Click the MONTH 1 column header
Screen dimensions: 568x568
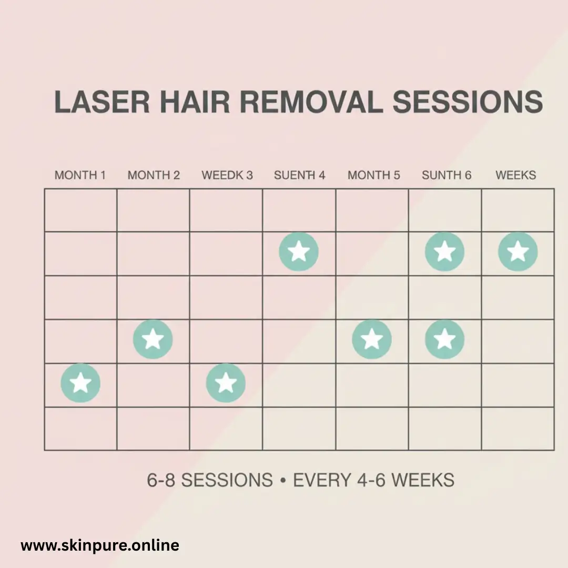click(x=80, y=175)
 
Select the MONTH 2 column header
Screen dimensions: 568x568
click(x=154, y=175)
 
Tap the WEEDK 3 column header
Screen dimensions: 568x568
click(x=227, y=175)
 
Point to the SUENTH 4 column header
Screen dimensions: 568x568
click(x=300, y=175)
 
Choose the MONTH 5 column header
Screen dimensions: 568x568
click(x=374, y=175)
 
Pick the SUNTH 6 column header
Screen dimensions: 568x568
click(x=447, y=175)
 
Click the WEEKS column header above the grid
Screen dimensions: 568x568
click(x=516, y=175)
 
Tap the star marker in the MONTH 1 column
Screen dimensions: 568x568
click(x=80, y=383)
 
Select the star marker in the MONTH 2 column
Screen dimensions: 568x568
click(x=153, y=339)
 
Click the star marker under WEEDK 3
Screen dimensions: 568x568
click(x=226, y=383)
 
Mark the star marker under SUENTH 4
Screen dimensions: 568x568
click(x=299, y=252)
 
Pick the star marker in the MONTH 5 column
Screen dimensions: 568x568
click(x=372, y=339)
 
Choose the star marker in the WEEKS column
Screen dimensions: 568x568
click(x=518, y=252)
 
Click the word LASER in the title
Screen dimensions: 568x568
click(x=102, y=102)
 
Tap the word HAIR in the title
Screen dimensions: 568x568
click(x=195, y=102)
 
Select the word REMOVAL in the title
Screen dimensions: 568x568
click(x=311, y=102)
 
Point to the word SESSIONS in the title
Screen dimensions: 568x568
click(x=468, y=102)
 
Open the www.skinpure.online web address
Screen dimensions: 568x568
click(x=100, y=545)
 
